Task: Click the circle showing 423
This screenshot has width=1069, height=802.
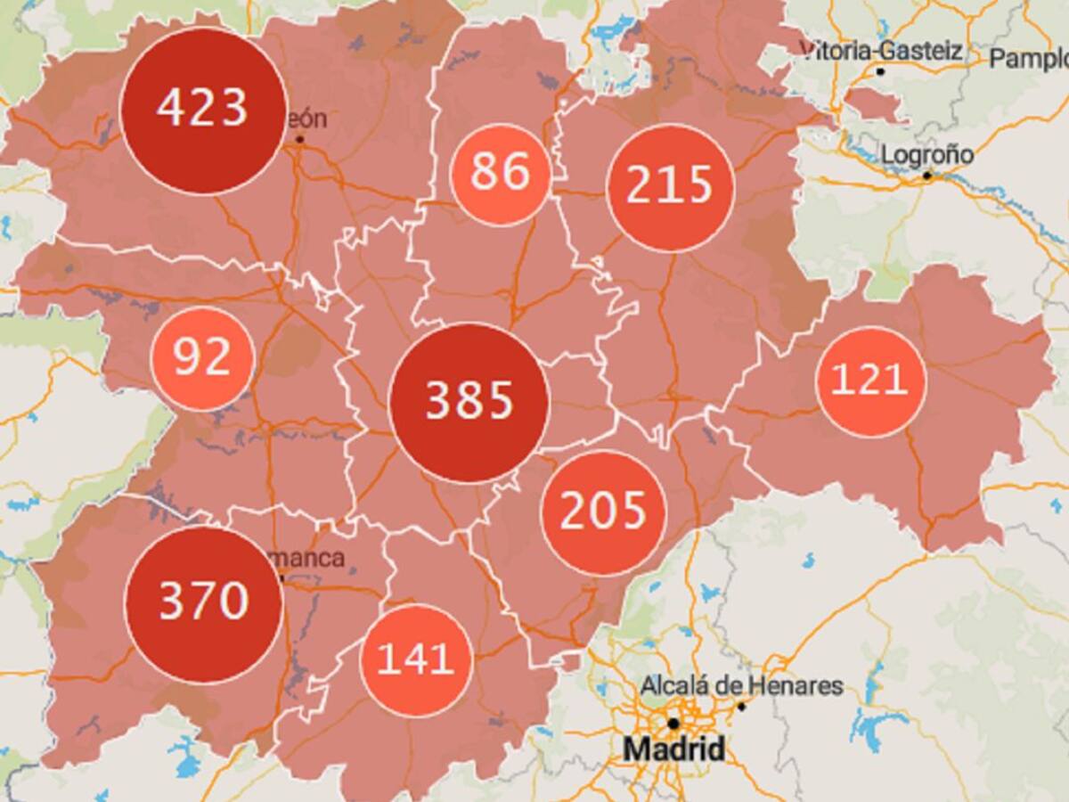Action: click(x=203, y=110)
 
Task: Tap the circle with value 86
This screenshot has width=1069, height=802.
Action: click(x=500, y=174)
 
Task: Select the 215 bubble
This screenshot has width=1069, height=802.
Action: click(x=670, y=187)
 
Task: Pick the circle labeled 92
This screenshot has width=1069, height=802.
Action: click(x=203, y=359)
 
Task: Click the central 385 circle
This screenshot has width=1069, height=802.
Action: click(x=469, y=403)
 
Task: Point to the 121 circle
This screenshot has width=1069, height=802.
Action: click(x=870, y=381)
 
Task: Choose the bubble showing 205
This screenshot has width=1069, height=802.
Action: click(x=604, y=512)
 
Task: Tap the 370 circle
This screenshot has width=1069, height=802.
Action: click(x=204, y=603)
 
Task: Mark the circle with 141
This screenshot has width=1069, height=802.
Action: click(x=416, y=660)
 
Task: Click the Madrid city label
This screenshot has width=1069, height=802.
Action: click(x=673, y=749)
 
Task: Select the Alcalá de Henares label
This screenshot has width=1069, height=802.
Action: click(x=741, y=686)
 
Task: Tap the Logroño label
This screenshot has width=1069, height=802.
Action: click(x=927, y=155)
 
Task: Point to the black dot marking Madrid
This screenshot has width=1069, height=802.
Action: click(x=673, y=723)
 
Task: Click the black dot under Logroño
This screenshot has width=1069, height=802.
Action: click(x=926, y=176)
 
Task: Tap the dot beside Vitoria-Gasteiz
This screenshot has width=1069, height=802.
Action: click(x=880, y=70)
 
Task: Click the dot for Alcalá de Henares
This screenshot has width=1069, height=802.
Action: click(x=740, y=706)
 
